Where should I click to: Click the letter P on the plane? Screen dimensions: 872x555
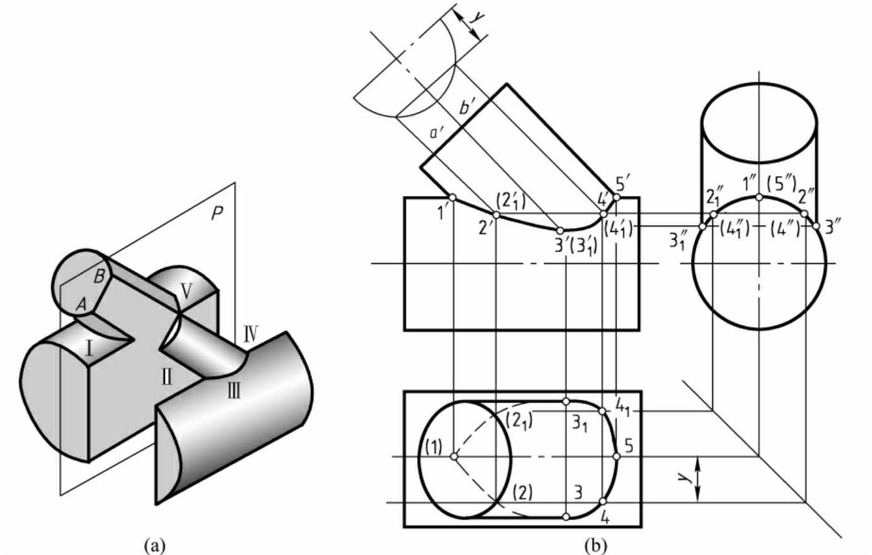click(217, 213)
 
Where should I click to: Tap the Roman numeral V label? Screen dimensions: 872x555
click(186, 291)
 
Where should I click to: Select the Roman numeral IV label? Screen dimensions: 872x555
click(251, 334)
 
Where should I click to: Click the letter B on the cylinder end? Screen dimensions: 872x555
click(99, 277)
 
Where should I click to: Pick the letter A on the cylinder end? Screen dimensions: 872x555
click(81, 304)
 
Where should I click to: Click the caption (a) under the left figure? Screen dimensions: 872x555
click(155, 546)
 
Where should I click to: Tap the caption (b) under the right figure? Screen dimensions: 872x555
click(596, 546)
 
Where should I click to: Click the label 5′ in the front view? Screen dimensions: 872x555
click(622, 183)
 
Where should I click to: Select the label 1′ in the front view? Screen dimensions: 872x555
click(441, 213)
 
